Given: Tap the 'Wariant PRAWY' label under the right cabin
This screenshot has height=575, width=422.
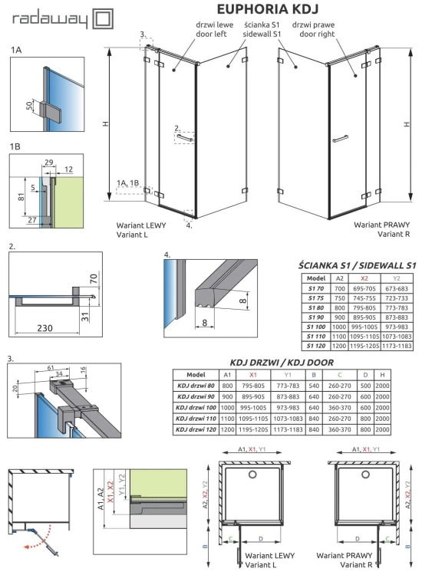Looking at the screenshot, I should click(x=384, y=226).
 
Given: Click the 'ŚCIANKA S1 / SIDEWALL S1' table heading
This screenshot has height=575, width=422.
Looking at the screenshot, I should click(x=358, y=265).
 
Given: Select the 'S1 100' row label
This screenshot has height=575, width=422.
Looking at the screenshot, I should click(x=316, y=326).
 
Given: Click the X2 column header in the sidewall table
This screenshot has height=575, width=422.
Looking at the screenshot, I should click(x=365, y=278).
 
